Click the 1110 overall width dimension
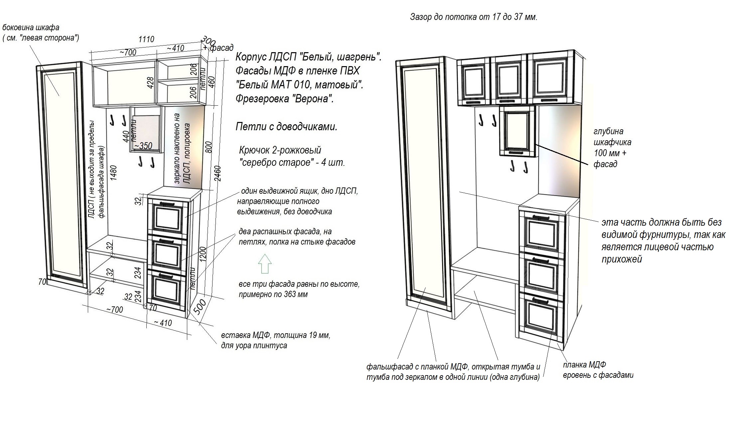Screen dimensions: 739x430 (146, 39)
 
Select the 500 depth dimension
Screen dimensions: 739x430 (200, 306)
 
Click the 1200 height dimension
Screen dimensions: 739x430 (203, 254)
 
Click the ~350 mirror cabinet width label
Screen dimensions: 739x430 (143, 146)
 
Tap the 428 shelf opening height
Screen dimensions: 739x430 (150, 82)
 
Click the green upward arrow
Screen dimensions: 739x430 (265, 264)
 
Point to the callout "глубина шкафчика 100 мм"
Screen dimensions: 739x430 (612, 148)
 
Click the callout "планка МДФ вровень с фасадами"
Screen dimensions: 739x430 (598, 370)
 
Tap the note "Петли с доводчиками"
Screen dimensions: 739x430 (286, 127)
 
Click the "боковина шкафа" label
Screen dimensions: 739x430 (31, 28)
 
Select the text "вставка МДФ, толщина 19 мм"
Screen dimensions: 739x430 (276, 335)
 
